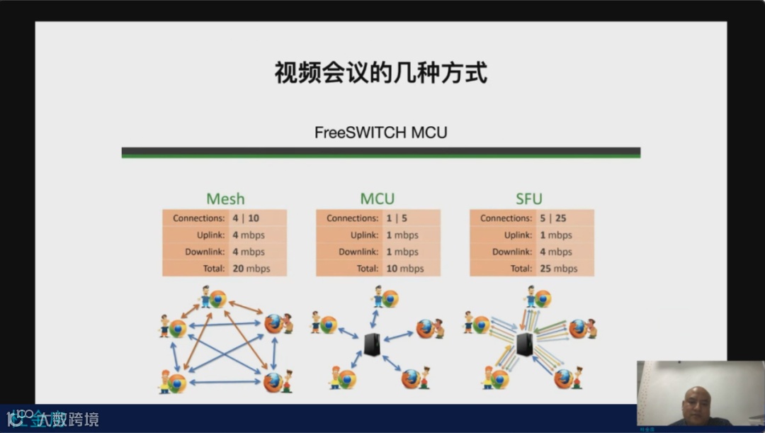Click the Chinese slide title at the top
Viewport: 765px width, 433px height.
(x=381, y=72)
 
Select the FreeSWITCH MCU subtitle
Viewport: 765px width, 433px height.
(x=381, y=133)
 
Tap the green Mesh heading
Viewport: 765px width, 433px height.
(x=225, y=199)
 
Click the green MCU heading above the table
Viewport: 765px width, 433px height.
(x=378, y=199)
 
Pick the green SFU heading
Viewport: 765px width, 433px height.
(x=529, y=199)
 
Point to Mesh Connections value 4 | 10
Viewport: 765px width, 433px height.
(x=246, y=218)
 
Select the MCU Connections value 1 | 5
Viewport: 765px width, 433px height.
(x=397, y=218)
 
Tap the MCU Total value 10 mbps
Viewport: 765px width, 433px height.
(x=404, y=269)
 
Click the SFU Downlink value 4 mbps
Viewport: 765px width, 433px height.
(x=556, y=252)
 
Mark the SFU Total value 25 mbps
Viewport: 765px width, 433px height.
(x=558, y=269)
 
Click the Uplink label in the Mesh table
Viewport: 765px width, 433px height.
(x=210, y=235)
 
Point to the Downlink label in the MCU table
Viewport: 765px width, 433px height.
(x=361, y=252)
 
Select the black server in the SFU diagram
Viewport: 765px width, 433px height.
(x=525, y=344)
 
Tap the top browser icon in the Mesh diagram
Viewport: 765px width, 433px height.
(x=217, y=299)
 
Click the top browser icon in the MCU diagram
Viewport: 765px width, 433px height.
(x=390, y=298)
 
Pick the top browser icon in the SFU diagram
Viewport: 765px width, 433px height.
(x=543, y=298)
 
